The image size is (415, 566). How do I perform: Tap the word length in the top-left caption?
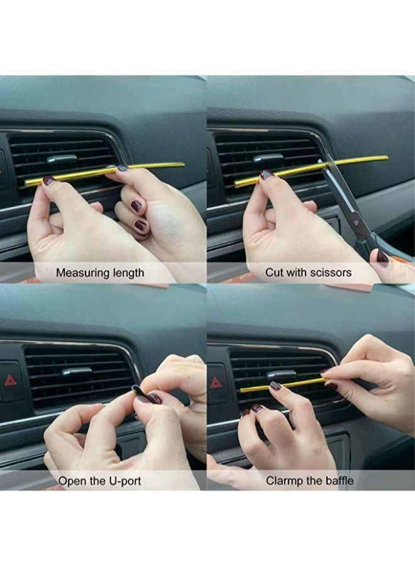[x=128, y=272]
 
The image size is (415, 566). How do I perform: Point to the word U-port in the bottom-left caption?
[x=124, y=481]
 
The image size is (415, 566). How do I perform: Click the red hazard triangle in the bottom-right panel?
[x=216, y=382]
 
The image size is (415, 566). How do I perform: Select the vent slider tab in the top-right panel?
[x=268, y=158]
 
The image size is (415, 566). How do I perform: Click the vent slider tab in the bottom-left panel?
[x=77, y=372]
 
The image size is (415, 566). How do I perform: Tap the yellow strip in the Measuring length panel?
[x=104, y=174]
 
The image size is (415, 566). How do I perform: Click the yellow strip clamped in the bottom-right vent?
[x=285, y=384]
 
